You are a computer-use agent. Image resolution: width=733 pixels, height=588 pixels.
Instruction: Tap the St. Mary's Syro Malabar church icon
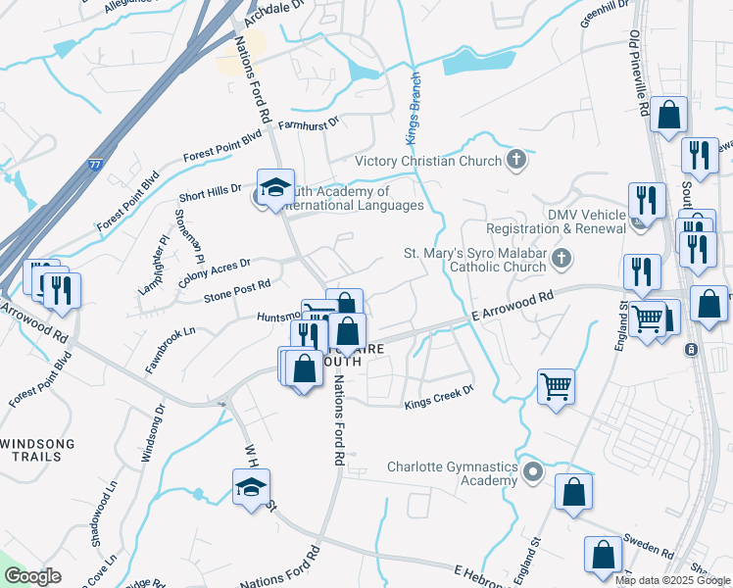coord(561,259)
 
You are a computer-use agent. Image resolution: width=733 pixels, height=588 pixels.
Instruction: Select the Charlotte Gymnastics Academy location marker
coord(532,473)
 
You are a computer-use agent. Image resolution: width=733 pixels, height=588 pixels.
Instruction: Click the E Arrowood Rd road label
coord(512,306)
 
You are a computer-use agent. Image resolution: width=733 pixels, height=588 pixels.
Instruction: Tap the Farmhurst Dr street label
coord(308,123)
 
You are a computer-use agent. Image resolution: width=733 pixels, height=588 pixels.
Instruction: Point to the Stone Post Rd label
coord(236,290)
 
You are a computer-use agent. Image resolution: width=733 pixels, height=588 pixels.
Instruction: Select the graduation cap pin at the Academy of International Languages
coord(275,186)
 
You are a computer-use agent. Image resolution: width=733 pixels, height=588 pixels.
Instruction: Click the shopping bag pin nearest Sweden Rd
coord(603,554)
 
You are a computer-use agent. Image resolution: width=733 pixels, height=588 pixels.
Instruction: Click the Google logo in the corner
coord(34,576)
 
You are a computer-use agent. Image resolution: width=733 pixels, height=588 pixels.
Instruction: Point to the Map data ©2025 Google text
coord(672,580)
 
